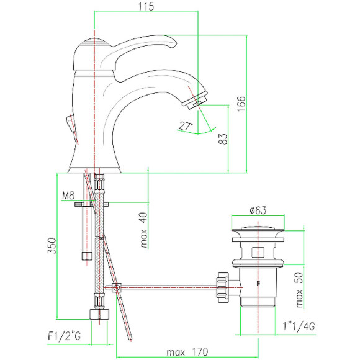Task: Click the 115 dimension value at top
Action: (146, 6)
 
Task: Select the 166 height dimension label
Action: (241, 104)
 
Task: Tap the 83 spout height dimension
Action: (222, 139)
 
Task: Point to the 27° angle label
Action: (186, 126)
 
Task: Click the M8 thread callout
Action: (68, 196)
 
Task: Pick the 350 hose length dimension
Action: (52, 246)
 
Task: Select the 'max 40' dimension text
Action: (144, 230)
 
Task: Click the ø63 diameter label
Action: (258, 210)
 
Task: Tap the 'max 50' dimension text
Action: (299, 290)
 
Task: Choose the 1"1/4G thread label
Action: (299, 326)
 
